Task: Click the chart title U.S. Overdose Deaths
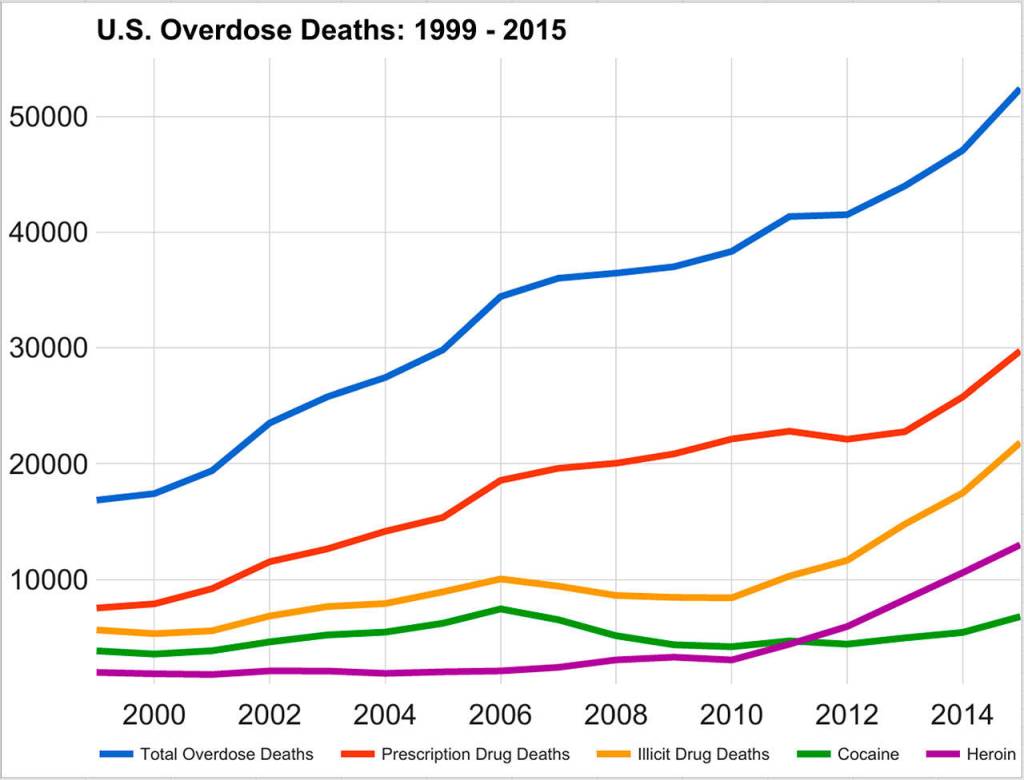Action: click(331, 30)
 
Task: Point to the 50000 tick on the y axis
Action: click(49, 117)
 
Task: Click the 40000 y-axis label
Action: click(49, 233)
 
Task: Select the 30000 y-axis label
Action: click(49, 349)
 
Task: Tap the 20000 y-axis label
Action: click(49, 464)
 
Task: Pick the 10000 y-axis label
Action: click(49, 580)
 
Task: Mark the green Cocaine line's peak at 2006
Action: click(500, 608)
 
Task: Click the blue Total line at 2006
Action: click(500, 296)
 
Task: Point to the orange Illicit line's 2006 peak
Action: click(500, 578)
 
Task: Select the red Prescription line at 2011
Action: click(789, 431)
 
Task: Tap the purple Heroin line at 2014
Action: click(962, 572)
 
